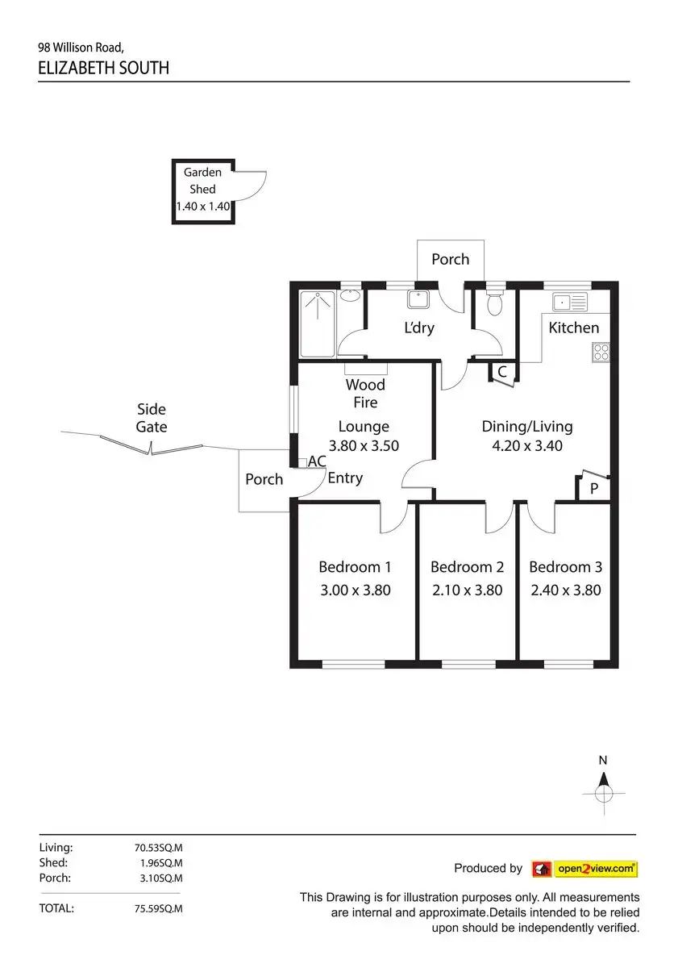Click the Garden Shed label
point(202,181)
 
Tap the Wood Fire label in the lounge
point(365,394)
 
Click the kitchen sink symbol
point(570,302)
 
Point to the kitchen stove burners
point(601,352)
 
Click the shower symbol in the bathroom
point(318,323)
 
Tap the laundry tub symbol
point(418,299)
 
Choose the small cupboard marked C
point(501,373)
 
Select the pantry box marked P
point(594,488)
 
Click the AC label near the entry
point(317,461)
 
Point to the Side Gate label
point(152,418)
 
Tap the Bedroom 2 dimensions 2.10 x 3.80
point(466,590)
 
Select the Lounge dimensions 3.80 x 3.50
point(364,445)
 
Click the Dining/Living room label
point(527,427)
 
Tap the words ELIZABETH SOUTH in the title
point(104,68)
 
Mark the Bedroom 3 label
point(565,567)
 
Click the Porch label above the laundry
point(450,259)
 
